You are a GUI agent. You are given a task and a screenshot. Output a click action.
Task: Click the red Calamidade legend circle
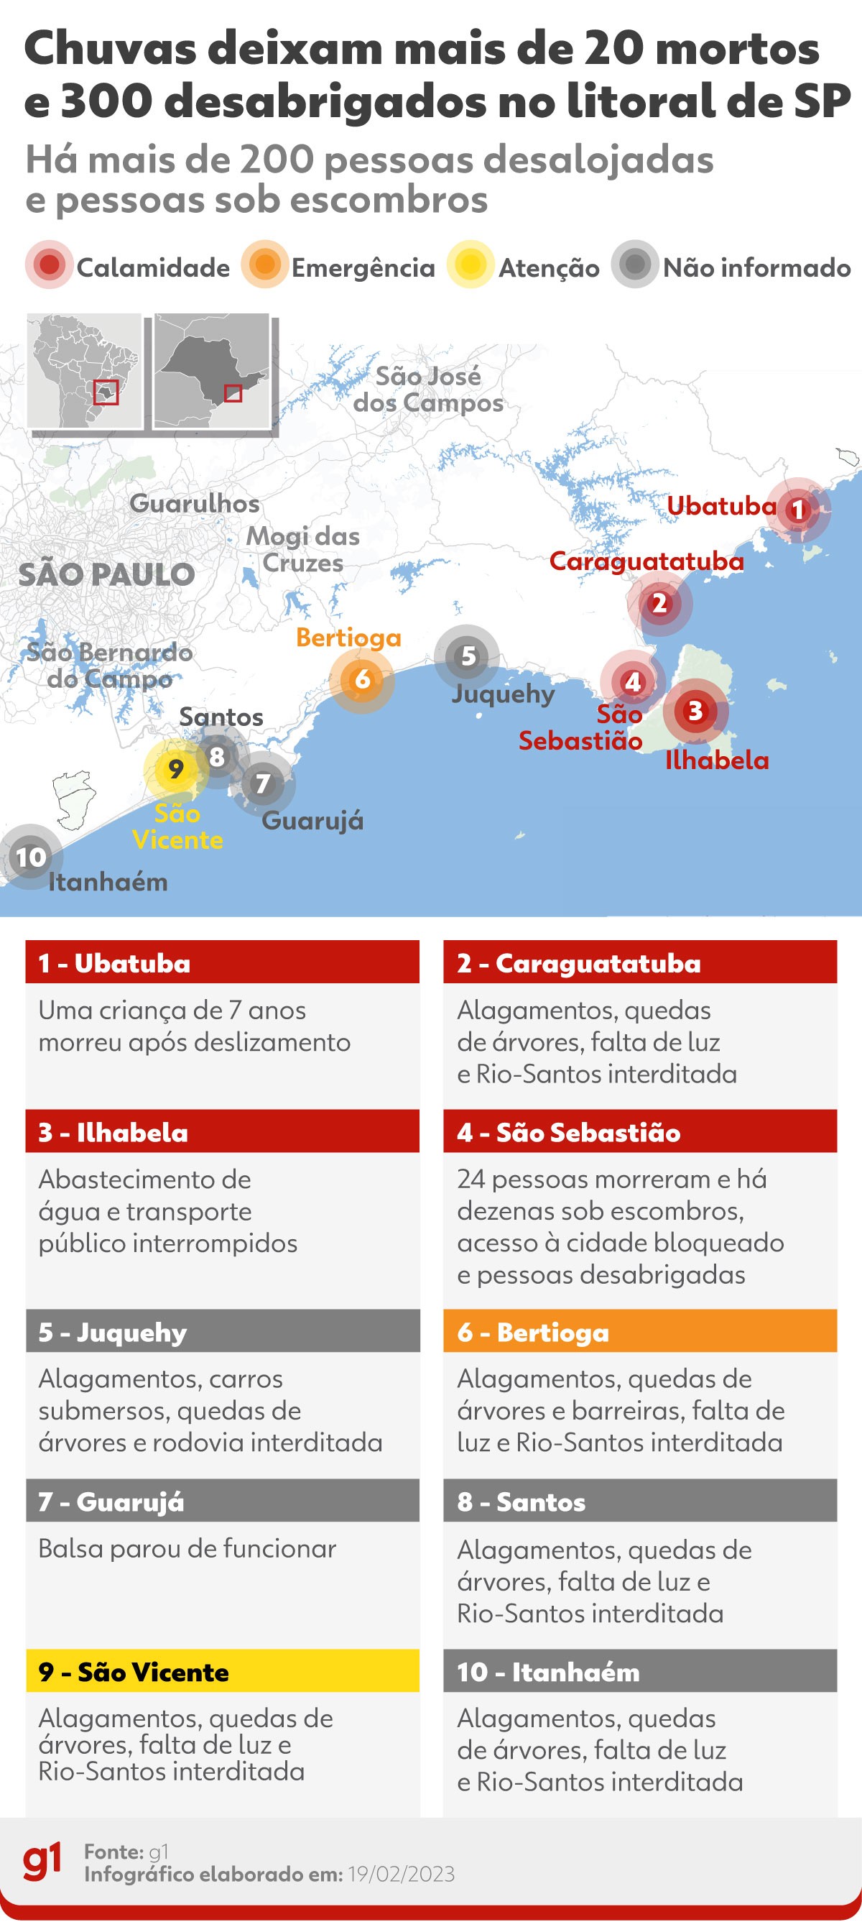click(50, 265)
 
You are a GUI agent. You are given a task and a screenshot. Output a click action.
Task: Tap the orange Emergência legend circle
click(264, 265)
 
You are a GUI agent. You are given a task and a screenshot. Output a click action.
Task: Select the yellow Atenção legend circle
click(471, 265)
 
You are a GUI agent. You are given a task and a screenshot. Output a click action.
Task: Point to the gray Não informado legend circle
click(635, 265)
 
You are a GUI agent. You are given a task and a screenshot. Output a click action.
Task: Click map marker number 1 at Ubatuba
click(797, 510)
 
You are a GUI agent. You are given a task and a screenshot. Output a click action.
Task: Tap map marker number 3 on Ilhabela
click(695, 711)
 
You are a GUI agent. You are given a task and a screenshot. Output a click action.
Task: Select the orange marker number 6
click(362, 679)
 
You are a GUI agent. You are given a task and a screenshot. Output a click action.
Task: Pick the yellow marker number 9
click(176, 769)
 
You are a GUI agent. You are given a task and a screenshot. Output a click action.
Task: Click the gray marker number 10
click(31, 857)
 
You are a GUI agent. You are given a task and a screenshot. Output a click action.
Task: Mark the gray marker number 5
click(467, 657)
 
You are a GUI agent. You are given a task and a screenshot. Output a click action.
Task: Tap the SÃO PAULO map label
click(107, 574)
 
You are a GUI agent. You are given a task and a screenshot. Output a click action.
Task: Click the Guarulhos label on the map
click(195, 503)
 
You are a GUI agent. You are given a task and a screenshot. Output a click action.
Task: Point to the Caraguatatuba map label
click(646, 561)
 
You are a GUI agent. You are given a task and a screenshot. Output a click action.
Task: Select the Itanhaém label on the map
click(108, 882)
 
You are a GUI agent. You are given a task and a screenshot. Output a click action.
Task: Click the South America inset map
click(84, 371)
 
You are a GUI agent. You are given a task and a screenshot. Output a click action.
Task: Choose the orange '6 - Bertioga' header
click(640, 1333)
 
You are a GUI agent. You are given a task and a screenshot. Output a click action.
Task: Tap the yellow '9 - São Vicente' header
click(222, 1672)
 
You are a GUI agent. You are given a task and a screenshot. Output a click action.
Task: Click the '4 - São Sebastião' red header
click(640, 1132)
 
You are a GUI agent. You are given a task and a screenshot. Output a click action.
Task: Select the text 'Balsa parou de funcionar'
click(187, 1548)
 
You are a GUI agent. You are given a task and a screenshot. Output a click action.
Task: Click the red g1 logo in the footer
click(42, 1861)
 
